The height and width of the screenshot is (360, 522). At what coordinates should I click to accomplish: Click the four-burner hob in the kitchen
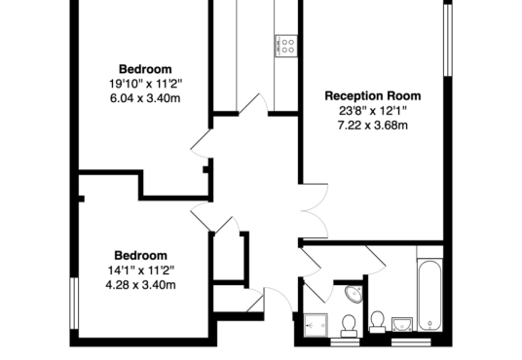coord(286,46)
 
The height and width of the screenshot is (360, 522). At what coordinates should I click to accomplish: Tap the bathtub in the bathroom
coord(429,296)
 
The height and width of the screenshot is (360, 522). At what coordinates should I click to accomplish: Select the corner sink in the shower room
coord(354,294)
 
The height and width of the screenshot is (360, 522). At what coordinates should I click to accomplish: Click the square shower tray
coord(316,325)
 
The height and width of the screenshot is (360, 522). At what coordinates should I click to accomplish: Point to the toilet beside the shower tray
coord(349,326)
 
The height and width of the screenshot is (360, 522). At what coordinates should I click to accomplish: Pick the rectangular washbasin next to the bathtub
coord(402,324)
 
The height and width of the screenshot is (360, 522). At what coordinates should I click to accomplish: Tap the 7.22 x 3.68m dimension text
coord(373,126)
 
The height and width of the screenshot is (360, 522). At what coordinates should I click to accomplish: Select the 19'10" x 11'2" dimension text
coord(146,84)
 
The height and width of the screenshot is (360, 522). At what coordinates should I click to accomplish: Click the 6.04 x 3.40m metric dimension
coord(145,98)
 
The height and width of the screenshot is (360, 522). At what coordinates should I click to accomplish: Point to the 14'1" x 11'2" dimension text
coord(141,270)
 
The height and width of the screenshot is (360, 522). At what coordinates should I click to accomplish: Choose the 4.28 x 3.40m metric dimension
coord(140,285)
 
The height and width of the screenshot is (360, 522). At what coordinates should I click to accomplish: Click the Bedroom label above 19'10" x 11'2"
coord(145,69)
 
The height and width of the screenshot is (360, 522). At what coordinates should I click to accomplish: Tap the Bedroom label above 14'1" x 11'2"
coord(141,256)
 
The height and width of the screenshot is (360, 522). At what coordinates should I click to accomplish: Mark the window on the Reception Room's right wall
coord(448,40)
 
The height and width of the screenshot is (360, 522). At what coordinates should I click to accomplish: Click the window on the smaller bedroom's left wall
coord(74,304)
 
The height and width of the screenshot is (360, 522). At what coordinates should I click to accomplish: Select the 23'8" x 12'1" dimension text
coord(373,111)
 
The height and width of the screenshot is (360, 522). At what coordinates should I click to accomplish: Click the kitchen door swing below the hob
coord(253,104)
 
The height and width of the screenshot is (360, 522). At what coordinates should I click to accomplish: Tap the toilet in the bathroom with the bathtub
coord(378,322)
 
